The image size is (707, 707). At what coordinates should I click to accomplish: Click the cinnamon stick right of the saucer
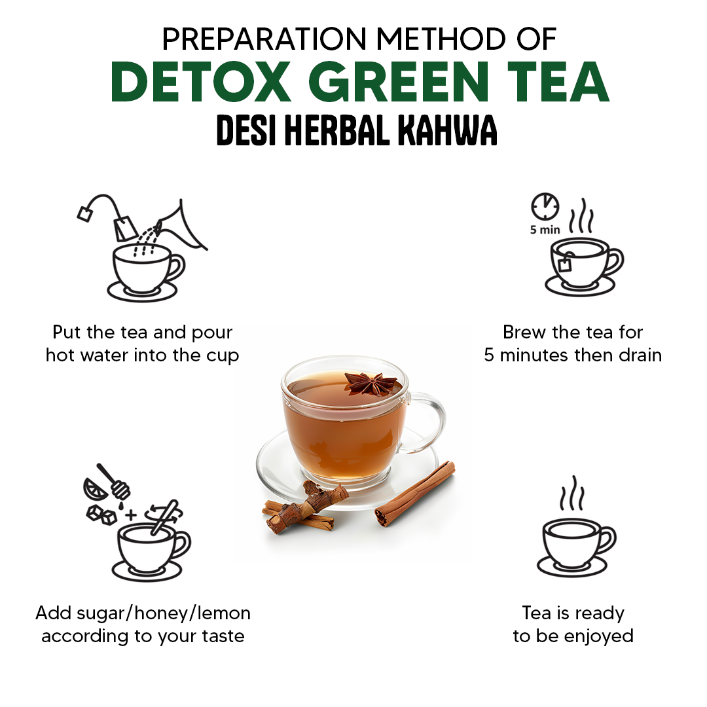[x=415, y=492]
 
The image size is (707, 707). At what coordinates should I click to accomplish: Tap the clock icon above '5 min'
[x=545, y=207]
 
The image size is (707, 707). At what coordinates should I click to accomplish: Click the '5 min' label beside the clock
[x=545, y=230]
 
